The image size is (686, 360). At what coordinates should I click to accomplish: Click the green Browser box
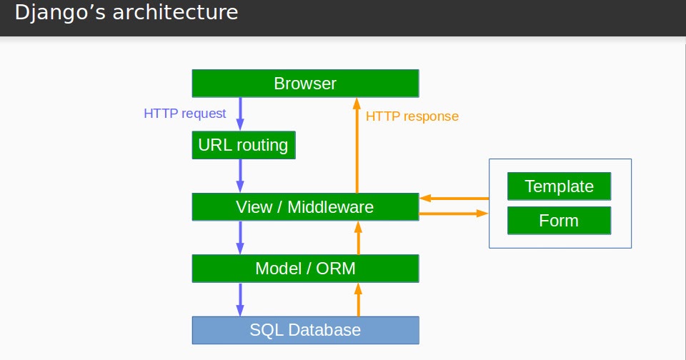pyautogui.click(x=305, y=84)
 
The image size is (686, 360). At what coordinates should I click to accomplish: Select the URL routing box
pyautogui.click(x=243, y=146)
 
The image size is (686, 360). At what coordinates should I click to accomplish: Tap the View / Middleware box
pyautogui.click(x=305, y=207)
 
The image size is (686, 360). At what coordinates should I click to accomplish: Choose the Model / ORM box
pyautogui.click(x=305, y=269)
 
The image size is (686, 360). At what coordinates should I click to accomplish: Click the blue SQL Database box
pyautogui.click(x=305, y=330)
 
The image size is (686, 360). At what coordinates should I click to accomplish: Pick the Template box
pyautogui.click(x=559, y=186)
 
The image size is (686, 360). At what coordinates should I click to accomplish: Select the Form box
pyautogui.click(x=559, y=221)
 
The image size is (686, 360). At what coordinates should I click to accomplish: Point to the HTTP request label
pyautogui.click(x=185, y=113)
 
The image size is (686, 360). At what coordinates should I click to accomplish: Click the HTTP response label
pyautogui.click(x=412, y=116)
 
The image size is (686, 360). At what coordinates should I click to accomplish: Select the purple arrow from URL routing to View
pyautogui.click(x=240, y=175)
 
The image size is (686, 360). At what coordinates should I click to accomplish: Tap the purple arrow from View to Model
pyautogui.click(x=240, y=237)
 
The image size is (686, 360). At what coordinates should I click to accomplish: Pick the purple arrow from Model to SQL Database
pyautogui.click(x=240, y=299)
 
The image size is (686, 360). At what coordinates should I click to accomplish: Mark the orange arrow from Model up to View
pyautogui.click(x=359, y=237)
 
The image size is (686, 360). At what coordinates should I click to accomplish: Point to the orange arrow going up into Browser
pyautogui.click(x=355, y=146)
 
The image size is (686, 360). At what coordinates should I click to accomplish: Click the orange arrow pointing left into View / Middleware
pyautogui.click(x=454, y=198)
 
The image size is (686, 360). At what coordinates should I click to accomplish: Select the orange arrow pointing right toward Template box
pyautogui.click(x=453, y=213)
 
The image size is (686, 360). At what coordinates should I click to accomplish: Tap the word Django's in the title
pyautogui.click(x=57, y=12)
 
